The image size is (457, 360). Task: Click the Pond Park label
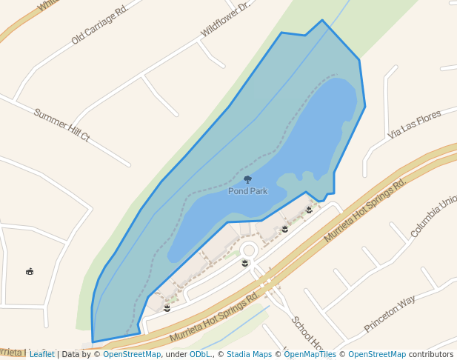point(247,191)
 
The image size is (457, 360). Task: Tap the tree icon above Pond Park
point(247,179)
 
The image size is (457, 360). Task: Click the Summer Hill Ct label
point(61,125)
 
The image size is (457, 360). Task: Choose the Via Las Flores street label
point(414,124)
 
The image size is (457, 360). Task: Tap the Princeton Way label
point(390,314)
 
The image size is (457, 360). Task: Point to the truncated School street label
point(307,333)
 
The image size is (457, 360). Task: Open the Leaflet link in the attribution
point(41,354)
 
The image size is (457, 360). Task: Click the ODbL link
point(200,354)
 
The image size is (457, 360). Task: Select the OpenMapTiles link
point(310,354)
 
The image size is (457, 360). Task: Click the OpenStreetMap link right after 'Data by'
point(132,354)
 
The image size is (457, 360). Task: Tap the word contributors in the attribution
point(431,354)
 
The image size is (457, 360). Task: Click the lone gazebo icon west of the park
point(30,271)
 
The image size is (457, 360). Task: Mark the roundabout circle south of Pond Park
point(248,251)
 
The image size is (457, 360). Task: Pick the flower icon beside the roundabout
point(245,263)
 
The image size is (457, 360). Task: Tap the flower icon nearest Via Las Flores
point(309,210)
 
